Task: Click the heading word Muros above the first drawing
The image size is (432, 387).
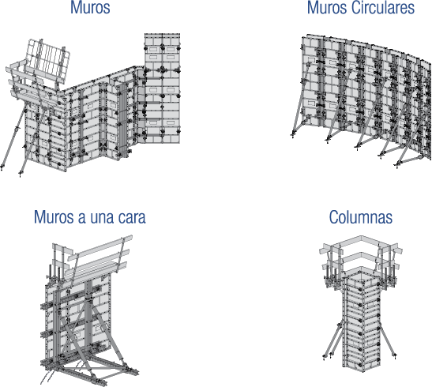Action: (x=90, y=7)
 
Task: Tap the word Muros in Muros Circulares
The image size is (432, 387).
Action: (x=327, y=7)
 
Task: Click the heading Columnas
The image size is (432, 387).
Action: (x=361, y=217)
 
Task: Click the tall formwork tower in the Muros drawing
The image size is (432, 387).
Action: (x=162, y=88)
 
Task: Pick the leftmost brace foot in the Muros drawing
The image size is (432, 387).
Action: (x=2, y=167)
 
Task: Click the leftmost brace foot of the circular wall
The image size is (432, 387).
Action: (x=292, y=135)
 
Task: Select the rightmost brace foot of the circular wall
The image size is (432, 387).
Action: (x=398, y=165)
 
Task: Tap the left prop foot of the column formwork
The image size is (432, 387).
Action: (x=325, y=357)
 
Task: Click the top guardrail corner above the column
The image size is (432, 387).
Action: (x=361, y=237)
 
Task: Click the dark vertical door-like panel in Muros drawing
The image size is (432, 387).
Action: (x=123, y=120)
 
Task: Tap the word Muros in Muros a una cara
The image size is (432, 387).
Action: (x=54, y=217)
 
